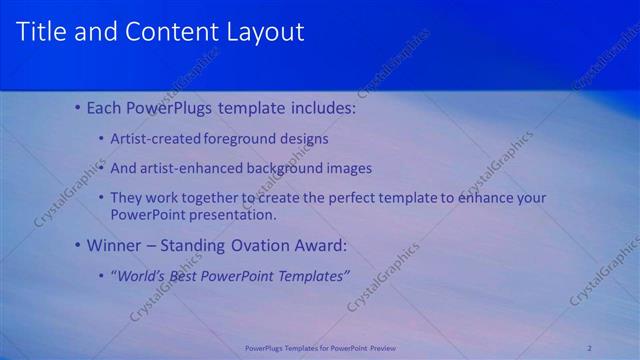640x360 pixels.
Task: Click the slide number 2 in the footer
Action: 590,348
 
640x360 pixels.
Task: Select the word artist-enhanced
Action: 197,168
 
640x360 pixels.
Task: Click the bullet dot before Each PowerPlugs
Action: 79,107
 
